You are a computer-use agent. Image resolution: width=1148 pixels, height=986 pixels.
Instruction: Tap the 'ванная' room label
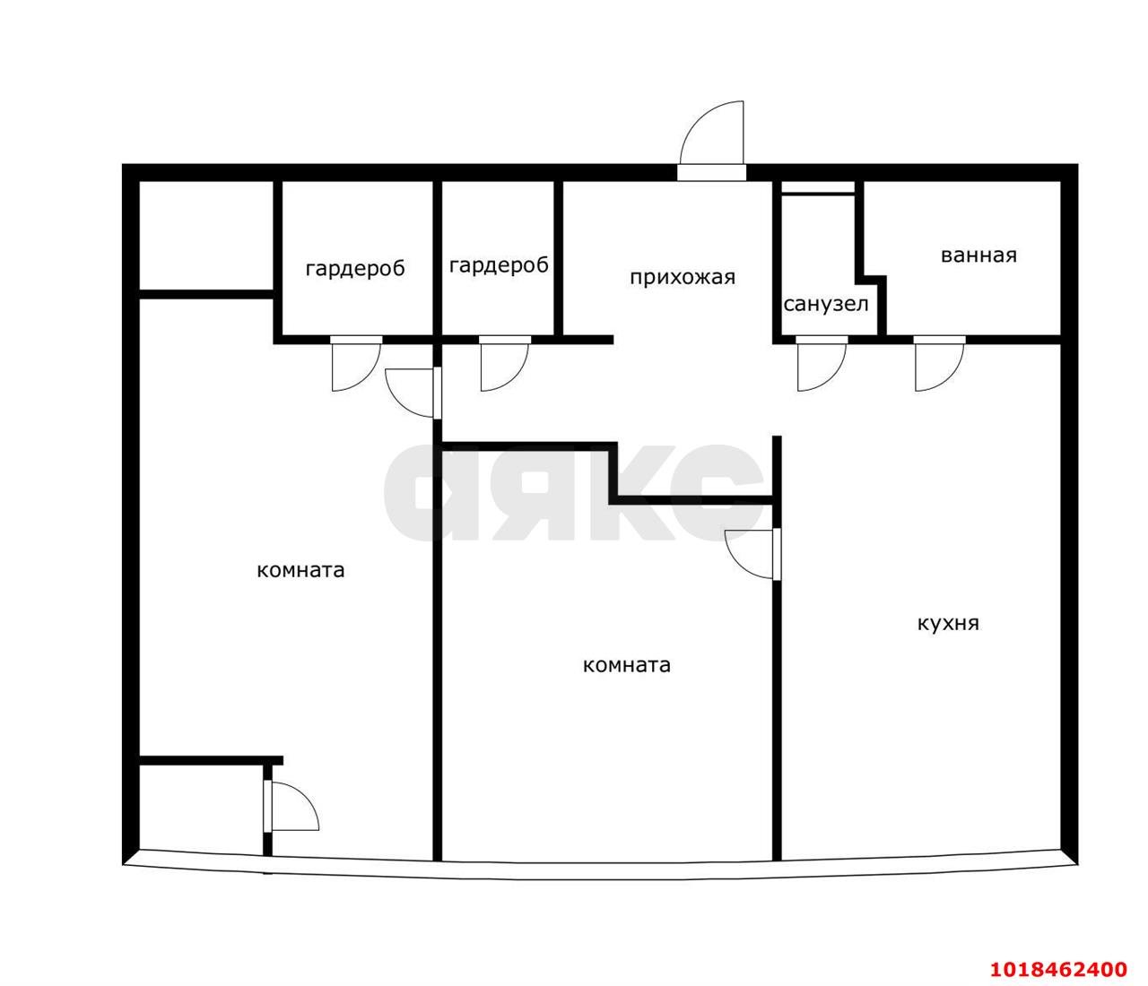point(978,255)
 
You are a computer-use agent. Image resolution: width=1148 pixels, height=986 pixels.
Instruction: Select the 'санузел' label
point(826,304)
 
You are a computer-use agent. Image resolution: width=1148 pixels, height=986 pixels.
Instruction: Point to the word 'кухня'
point(948,624)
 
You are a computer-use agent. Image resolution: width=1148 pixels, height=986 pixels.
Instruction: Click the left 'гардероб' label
point(355,269)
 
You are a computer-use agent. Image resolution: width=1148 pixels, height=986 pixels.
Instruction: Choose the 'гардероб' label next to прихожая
point(499,266)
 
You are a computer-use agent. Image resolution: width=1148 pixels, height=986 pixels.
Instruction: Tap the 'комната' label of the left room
point(300,570)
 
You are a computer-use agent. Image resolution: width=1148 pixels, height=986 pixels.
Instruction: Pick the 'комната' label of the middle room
point(627,665)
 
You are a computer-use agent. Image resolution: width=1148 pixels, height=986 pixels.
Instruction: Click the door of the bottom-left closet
point(291,806)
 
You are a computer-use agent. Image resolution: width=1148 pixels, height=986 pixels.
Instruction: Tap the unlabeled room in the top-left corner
point(206,236)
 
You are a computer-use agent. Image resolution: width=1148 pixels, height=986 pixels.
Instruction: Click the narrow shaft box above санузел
point(818,187)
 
